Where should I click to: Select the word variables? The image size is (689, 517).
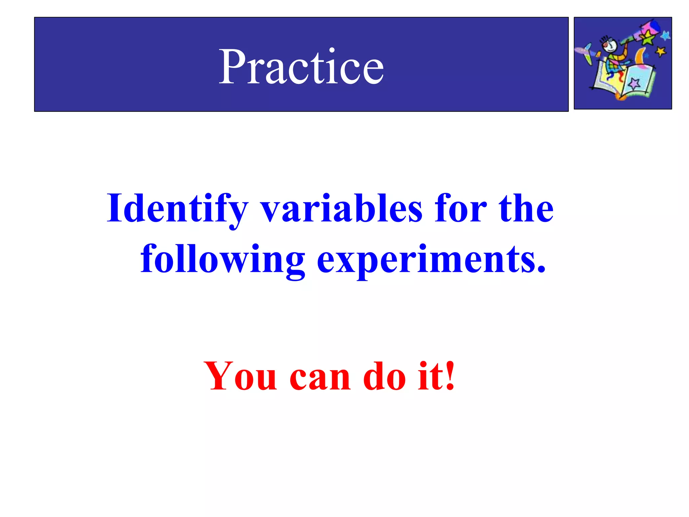pos(341,209)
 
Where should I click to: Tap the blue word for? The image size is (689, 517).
pos(461,209)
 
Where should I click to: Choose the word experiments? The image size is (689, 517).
pos(431,259)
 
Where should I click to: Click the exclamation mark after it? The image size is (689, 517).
pos(449,375)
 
